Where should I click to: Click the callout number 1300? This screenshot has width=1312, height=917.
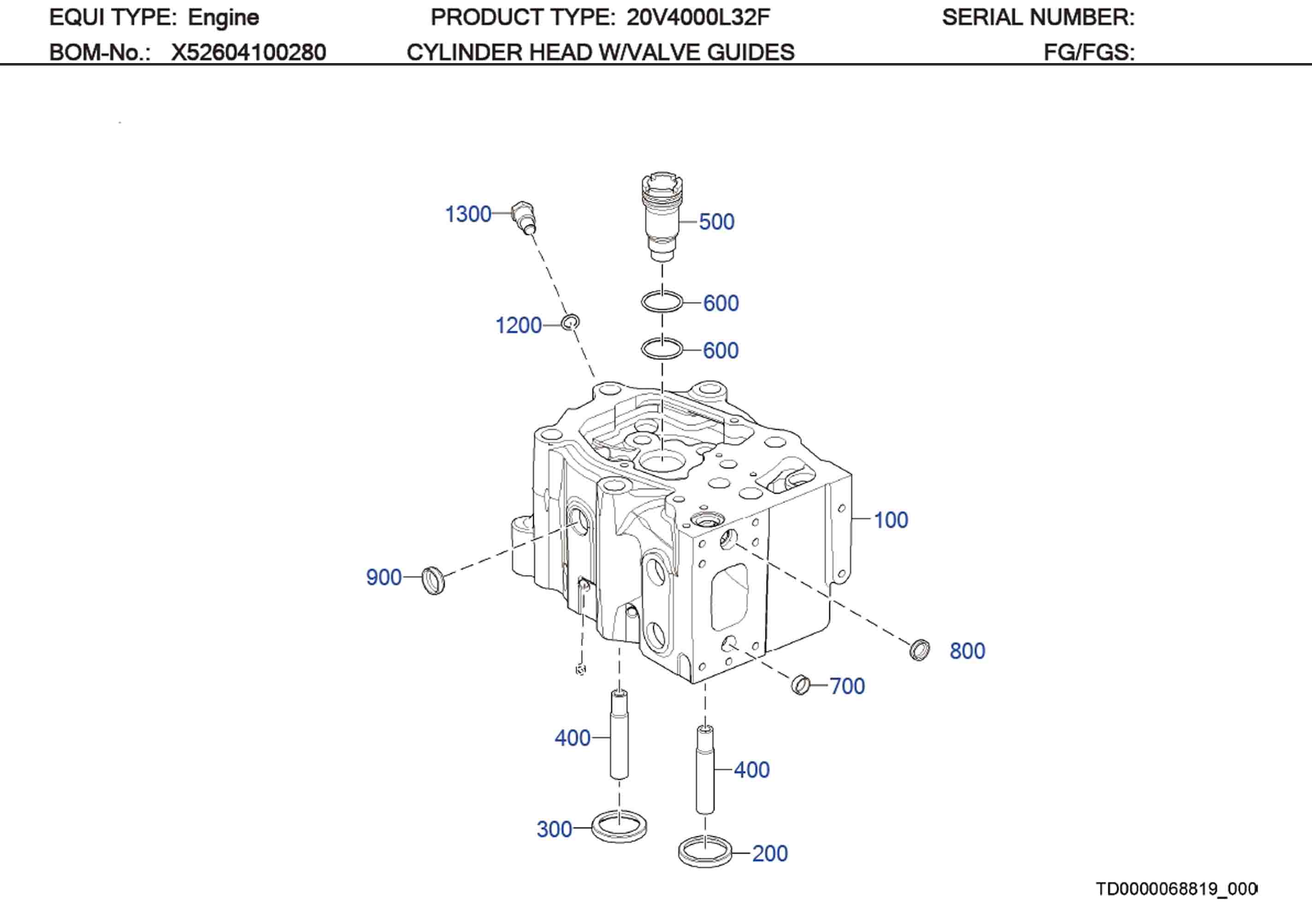click(467, 214)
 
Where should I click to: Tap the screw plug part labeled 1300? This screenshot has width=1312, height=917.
click(524, 216)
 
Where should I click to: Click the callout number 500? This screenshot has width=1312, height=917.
click(716, 222)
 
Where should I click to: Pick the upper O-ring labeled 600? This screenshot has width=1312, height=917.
click(662, 302)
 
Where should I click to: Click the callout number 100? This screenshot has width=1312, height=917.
click(891, 520)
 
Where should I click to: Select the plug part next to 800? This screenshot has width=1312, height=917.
click(919, 650)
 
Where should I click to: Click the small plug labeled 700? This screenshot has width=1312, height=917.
click(801, 684)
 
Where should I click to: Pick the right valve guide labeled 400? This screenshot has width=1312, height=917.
click(705, 769)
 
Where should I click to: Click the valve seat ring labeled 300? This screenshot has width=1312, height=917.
click(619, 826)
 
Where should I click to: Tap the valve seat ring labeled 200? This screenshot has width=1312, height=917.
click(705, 851)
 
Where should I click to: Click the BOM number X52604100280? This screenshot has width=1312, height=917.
click(248, 53)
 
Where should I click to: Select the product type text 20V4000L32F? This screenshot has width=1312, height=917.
click(697, 18)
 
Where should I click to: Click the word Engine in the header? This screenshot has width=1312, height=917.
click(224, 18)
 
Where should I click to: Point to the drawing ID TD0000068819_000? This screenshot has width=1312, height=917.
click(1176, 889)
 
